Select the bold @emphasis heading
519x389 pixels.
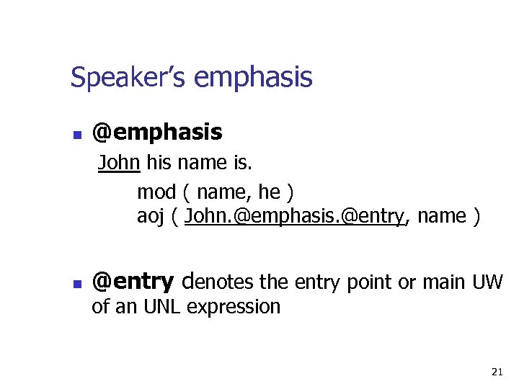157,133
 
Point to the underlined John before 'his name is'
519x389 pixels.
119,163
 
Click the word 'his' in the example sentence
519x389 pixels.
159,163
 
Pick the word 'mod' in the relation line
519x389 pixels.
156,192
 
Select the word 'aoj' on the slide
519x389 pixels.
152,216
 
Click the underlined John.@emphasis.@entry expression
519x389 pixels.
295,216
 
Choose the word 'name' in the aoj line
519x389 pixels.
441,216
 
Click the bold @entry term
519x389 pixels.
133,282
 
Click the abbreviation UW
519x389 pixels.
487,282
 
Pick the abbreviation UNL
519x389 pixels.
163,307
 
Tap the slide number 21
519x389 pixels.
496,372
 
